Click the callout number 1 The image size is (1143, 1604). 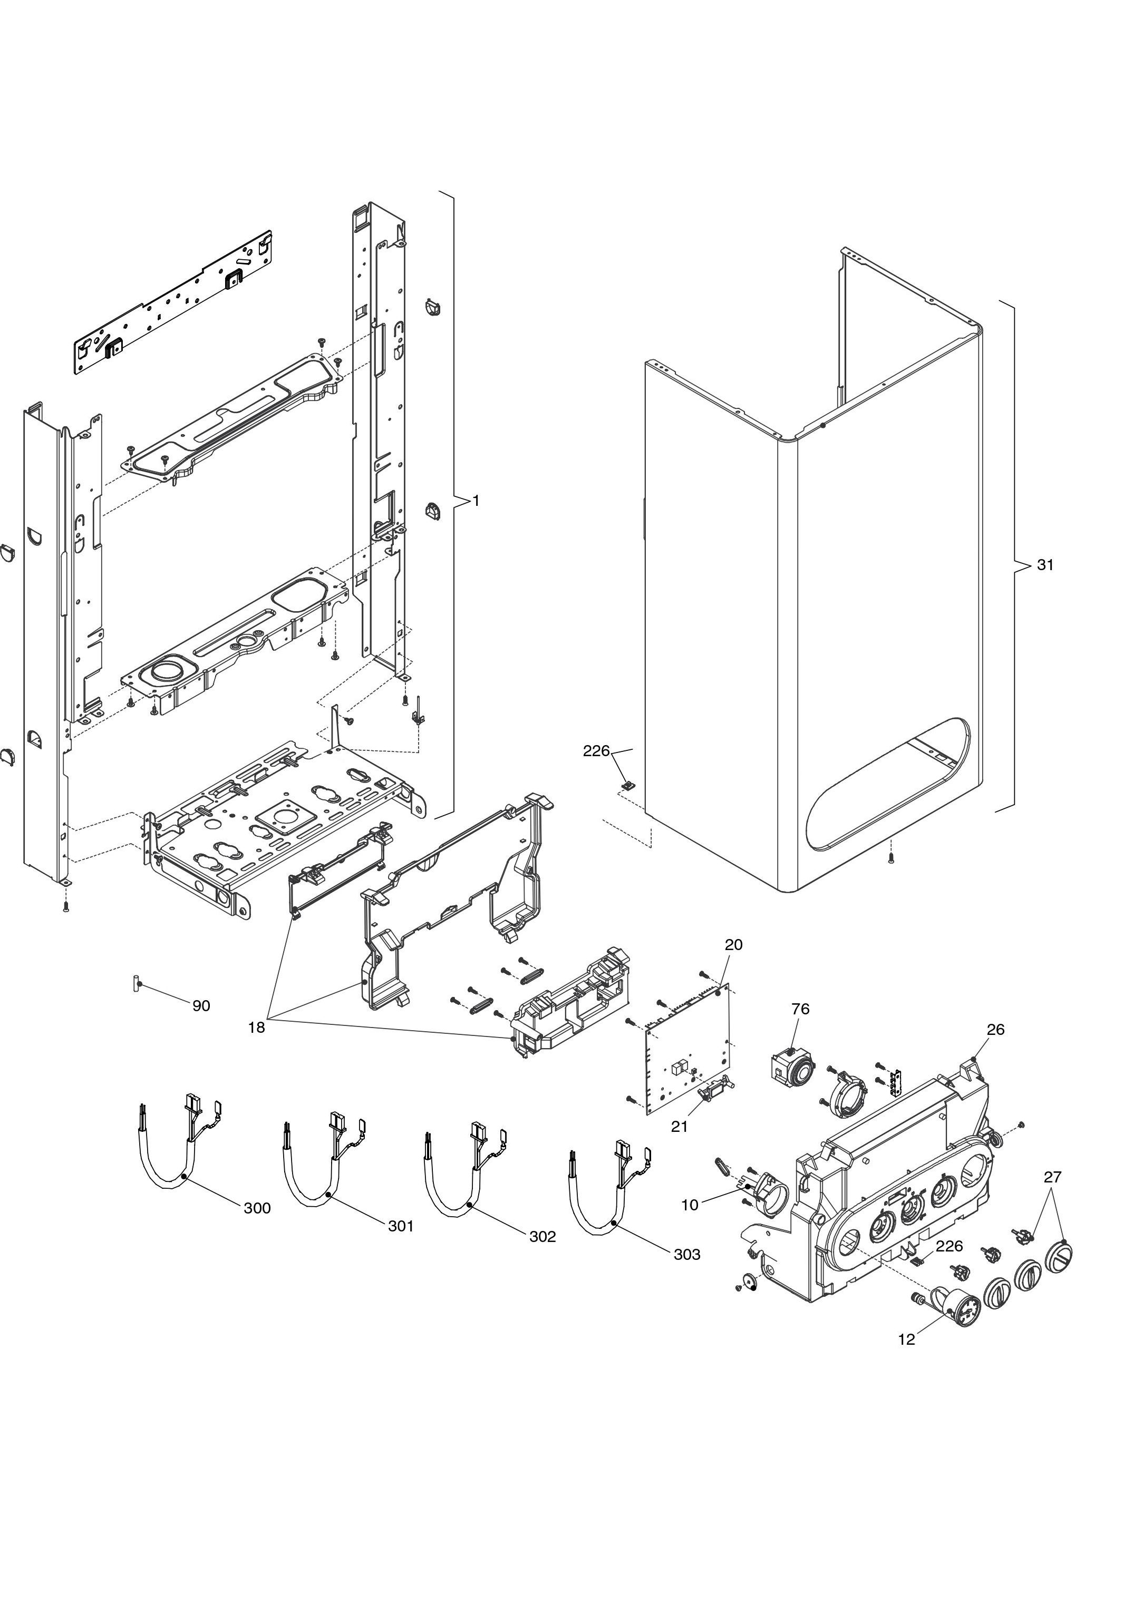(476, 501)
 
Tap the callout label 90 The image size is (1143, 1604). (201, 1006)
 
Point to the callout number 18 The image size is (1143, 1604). (256, 1027)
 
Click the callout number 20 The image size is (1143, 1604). (733, 945)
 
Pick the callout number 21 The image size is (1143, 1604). (679, 1126)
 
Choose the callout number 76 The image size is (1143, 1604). (800, 1009)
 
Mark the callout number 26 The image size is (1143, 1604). (995, 1029)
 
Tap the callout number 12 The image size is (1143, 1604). (906, 1339)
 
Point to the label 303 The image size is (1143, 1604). (687, 1254)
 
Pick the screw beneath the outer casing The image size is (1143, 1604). (891, 859)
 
